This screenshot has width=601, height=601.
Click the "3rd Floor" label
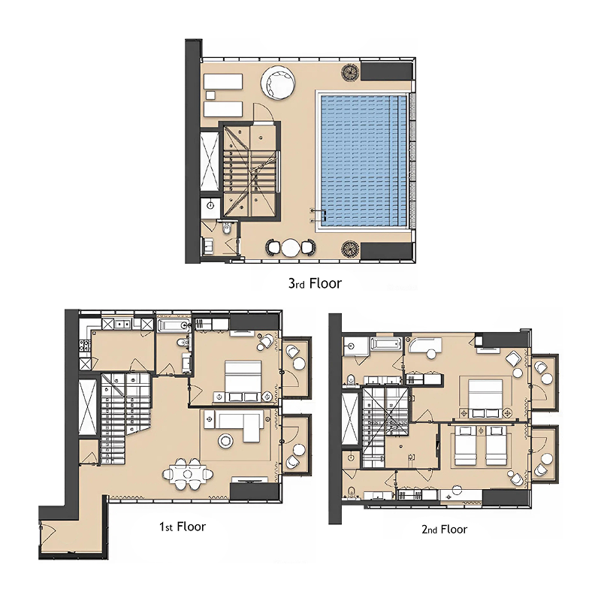click(x=315, y=283)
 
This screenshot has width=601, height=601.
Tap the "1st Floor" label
click(x=183, y=527)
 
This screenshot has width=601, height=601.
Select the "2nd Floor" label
click(x=444, y=530)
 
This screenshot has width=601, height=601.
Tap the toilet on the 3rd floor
click(x=226, y=228)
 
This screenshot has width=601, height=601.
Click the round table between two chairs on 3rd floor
click(x=291, y=248)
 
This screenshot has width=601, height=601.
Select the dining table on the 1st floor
click(x=187, y=474)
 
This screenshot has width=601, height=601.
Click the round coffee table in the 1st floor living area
click(x=225, y=441)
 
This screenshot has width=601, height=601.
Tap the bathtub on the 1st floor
click(x=174, y=326)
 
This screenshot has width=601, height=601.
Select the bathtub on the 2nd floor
click(x=386, y=344)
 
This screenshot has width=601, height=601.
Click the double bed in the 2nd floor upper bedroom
click(x=485, y=396)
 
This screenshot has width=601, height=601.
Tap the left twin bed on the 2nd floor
click(x=465, y=445)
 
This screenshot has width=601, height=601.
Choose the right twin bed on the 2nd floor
click(x=497, y=445)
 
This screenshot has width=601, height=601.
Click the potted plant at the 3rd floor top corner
click(x=350, y=72)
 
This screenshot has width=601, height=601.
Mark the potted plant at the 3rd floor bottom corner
click(x=350, y=249)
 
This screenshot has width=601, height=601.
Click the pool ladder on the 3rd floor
click(x=318, y=216)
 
